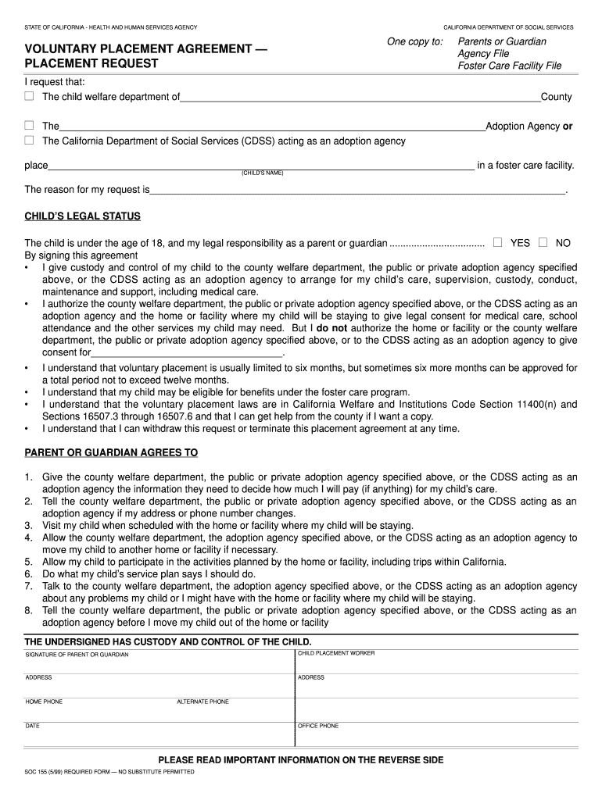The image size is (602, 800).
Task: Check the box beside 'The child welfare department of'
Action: [29, 96]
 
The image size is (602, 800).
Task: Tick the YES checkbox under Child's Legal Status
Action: [497, 242]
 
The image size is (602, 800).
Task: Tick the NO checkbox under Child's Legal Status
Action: [543, 242]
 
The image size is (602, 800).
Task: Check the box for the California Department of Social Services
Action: [29, 141]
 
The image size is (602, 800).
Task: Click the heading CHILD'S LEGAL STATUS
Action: [83, 216]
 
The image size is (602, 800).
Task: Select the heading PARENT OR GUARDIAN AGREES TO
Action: [111, 452]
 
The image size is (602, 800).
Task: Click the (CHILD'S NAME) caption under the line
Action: [262, 173]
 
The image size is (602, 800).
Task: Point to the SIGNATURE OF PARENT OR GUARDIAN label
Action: [77, 654]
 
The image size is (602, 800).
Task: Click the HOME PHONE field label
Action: [44, 702]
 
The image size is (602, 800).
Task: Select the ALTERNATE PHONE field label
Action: [202, 702]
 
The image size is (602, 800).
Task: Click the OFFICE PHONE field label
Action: [318, 726]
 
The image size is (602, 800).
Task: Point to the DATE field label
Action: [33, 726]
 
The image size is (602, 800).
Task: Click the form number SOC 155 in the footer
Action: [39, 772]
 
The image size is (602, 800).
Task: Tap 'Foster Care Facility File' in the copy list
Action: [510, 66]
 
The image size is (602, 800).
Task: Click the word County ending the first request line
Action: [556, 97]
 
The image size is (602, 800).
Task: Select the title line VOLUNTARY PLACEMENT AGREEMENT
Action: [145, 48]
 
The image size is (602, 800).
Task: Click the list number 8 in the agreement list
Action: [28, 610]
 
